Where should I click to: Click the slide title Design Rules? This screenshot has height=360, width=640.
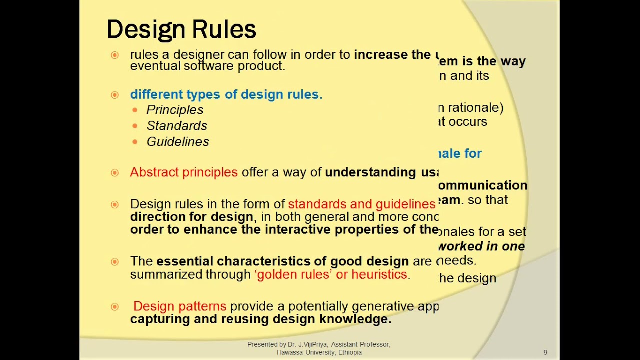(181, 29)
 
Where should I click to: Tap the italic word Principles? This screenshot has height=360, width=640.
(175, 110)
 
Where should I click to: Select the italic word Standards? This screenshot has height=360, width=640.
(177, 126)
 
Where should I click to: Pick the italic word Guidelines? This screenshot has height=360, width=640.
(178, 142)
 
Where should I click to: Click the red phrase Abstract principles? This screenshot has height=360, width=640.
(184, 172)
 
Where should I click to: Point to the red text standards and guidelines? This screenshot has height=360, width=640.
(361, 204)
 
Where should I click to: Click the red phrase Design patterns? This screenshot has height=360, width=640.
(180, 306)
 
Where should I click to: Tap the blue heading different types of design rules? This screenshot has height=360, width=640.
(226, 94)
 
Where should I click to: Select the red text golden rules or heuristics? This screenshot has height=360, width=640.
(332, 274)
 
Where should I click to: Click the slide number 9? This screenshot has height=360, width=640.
(545, 352)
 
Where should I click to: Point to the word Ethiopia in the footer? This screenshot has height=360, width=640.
(350, 352)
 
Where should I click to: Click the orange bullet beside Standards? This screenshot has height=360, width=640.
(135, 126)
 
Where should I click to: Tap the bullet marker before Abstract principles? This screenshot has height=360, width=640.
(115, 173)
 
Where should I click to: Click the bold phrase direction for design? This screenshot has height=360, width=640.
(192, 217)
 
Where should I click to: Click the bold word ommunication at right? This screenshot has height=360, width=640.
(483, 185)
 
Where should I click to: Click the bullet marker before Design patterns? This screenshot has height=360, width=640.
(115, 307)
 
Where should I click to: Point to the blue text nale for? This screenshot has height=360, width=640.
(460, 153)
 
